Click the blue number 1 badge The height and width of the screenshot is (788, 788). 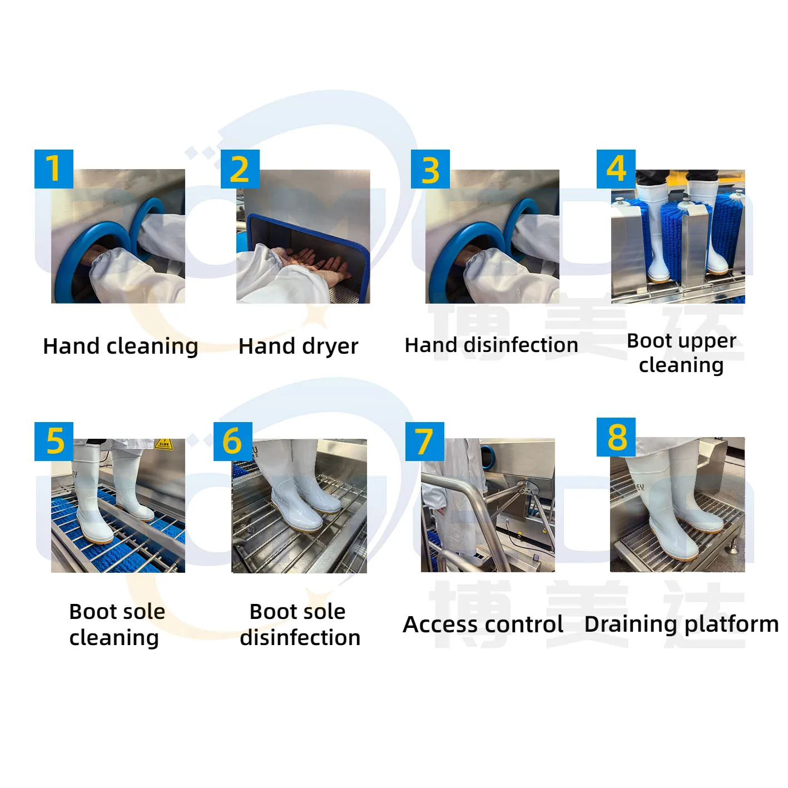pos(54,169)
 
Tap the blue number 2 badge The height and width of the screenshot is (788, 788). pos(240,169)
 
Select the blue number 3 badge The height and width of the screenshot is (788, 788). pos(430,169)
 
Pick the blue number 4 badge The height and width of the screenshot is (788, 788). pos(616,169)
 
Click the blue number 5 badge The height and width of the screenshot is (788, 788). pos(54,442)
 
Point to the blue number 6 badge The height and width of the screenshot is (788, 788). pos(232,442)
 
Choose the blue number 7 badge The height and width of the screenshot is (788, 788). pos(424,442)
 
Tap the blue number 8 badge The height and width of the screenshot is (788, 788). pos(616,437)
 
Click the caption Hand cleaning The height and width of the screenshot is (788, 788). pos(121,346)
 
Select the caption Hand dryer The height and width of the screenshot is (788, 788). pos(299,346)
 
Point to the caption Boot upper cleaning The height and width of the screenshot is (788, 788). pos(681,353)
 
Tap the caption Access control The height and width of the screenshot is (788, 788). pos(483,625)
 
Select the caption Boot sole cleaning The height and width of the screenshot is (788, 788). pos(117,625)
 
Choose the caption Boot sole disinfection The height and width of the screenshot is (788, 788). pos(299,625)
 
